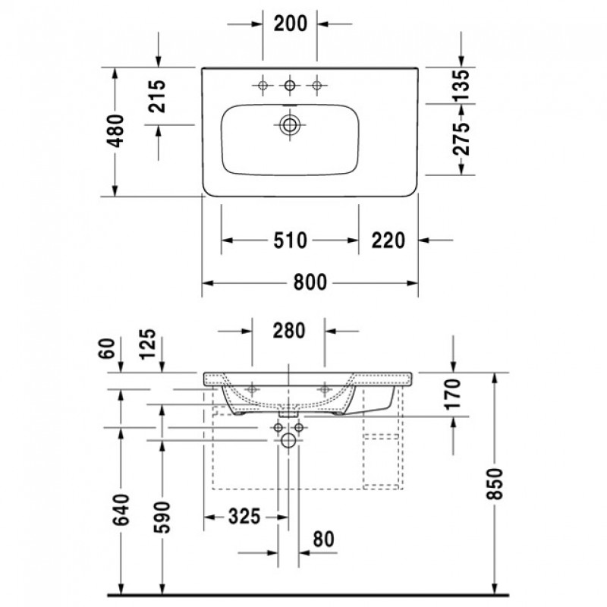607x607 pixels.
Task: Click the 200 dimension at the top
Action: pyautogui.click(x=291, y=24)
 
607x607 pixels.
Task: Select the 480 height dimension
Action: pyautogui.click(x=115, y=131)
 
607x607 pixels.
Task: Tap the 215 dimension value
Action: pyautogui.click(x=157, y=96)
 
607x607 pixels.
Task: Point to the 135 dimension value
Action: pyautogui.click(x=461, y=85)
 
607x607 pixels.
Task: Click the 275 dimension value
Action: pyautogui.click(x=461, y=139)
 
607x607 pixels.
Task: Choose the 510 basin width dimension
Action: pyautogui.click(x=291, y=241)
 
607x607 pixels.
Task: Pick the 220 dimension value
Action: pyautogui.click(x=388, y=241)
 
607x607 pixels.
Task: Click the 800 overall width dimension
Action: pyautogui.click(x=310, y=282)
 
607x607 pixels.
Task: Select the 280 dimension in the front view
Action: pyautogui.click(x=289, y=331)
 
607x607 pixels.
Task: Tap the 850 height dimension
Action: pyautogui.click(x=495, y=483)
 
